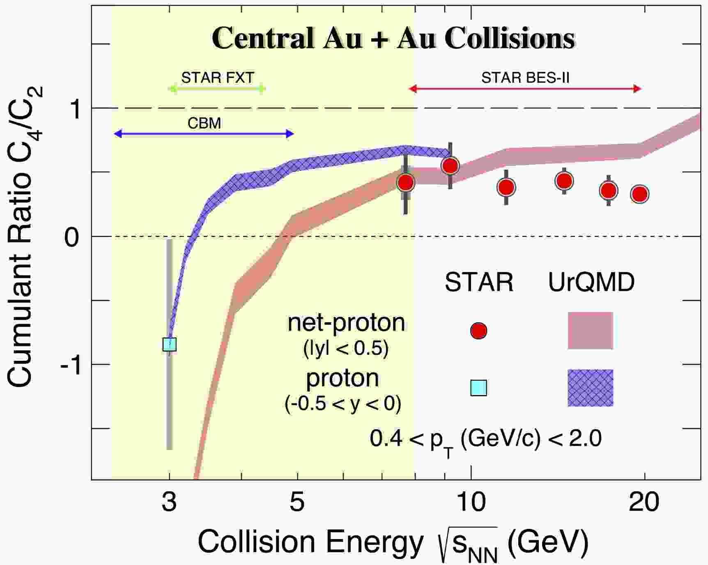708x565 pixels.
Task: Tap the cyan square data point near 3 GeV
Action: [x=170, y=344]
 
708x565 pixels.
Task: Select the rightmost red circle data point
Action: [x=639, y=194]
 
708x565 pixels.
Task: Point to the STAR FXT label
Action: [x=218, y=78]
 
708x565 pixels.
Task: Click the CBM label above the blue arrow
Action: [x=204, y=123]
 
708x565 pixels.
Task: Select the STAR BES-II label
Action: [x=525, y=78]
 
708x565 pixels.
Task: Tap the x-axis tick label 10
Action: [x=471, y=502]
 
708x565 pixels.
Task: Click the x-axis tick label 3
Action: [x=169, y=502]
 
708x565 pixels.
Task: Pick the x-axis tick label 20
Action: [x=644, y=502]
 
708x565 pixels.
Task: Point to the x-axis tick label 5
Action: [x=297, y=502]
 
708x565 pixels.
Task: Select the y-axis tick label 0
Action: [x=71, y=237]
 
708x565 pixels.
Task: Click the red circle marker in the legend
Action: [x=478, y=331]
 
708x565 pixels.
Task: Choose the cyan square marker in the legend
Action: [x=478, y=388]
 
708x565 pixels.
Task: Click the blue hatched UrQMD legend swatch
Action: [x=590, y=388]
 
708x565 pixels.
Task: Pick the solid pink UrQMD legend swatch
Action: [x=590, y=331]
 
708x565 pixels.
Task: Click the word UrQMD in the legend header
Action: [x=591, y=282]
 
